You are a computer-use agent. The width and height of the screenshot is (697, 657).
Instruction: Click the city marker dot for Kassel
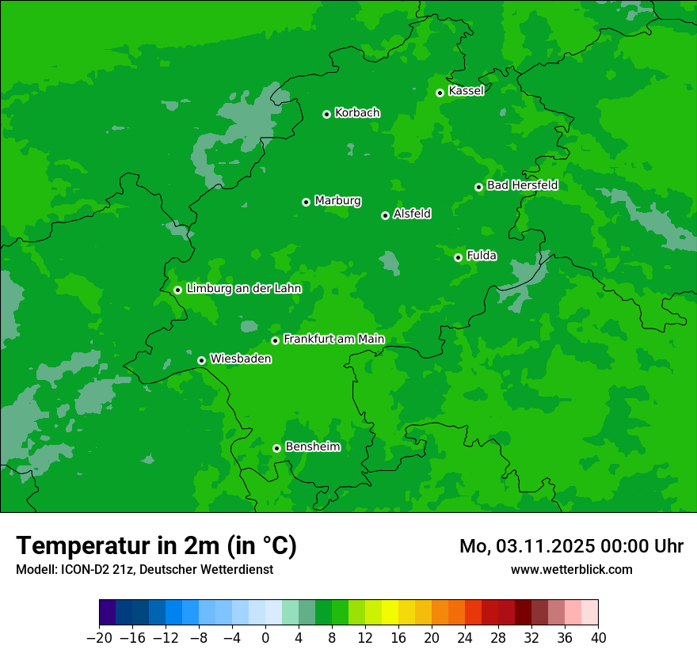(440, 93)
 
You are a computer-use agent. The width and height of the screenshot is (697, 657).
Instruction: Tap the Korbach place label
(357, 113)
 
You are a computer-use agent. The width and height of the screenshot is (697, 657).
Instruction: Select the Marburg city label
(337, 201)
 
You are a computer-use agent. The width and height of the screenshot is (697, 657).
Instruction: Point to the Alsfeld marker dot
(385, 215)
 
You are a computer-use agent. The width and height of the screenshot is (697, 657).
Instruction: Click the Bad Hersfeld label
(522, 186)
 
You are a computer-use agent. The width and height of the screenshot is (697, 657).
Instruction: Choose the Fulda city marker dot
(458, 257)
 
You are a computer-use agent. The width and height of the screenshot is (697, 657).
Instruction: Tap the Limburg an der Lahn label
(243, 289)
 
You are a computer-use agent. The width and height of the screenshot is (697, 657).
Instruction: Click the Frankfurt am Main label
(333, 340)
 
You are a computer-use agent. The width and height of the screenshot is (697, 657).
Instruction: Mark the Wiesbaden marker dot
(201, 360)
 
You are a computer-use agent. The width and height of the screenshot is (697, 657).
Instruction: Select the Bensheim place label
(312, 447)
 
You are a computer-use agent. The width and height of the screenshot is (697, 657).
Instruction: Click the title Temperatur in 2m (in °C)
(156, 546)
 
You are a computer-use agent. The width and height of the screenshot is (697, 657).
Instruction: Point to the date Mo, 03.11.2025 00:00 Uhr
(571, 546)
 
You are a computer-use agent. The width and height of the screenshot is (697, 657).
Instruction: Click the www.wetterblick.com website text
(571, 569)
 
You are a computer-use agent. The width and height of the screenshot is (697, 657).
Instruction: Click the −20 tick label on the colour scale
(99, 639)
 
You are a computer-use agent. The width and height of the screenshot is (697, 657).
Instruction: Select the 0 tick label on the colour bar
(265, 639)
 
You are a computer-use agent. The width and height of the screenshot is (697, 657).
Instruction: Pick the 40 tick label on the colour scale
(598, 639)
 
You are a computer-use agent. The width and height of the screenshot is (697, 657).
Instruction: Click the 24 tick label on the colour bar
(465, 639)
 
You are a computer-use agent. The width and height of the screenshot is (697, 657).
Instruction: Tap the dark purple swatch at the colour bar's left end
(108, 613)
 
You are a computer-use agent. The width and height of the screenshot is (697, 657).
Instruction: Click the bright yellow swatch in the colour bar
(390, 613)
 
